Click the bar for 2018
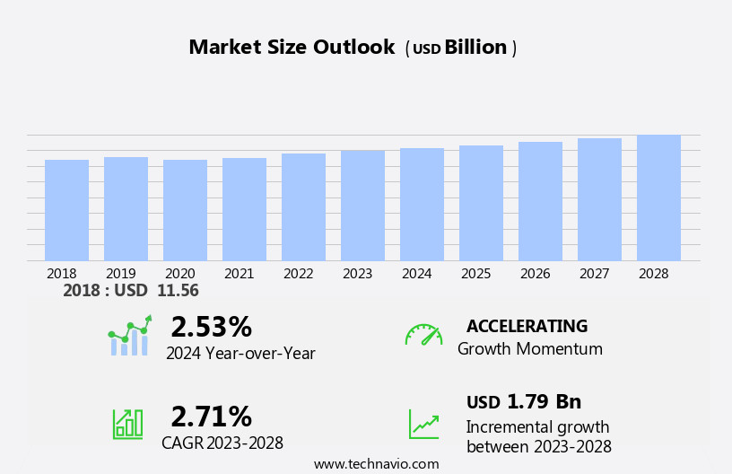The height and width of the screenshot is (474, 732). click(66, 210)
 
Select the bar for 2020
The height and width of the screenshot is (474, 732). click(185, 210)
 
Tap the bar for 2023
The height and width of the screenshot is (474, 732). click(362, 206)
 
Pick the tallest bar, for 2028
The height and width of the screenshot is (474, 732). click(658, 197)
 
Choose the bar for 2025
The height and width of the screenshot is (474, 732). click(481, 203)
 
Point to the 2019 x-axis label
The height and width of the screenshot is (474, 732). click(121, 273)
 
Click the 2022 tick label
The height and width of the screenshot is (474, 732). click(298, 273)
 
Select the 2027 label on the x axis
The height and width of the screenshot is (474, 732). click(594, 273)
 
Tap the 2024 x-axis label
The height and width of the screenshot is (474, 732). click(416, 273)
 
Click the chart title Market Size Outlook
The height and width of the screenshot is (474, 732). click(292, 48)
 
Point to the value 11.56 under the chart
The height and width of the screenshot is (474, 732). click(178, 291)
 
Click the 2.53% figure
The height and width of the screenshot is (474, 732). click(211, 327)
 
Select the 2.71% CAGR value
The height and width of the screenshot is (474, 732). click(211, 417)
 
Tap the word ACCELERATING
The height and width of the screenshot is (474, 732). click(527, 326)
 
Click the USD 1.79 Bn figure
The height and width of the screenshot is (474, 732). click(524, 401)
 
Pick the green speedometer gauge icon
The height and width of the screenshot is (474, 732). click(423, 335)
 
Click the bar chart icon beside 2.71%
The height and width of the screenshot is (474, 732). click(127, 423)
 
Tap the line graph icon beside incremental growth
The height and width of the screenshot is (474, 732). click(423, 424)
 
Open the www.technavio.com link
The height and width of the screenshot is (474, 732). click(376, 464)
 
